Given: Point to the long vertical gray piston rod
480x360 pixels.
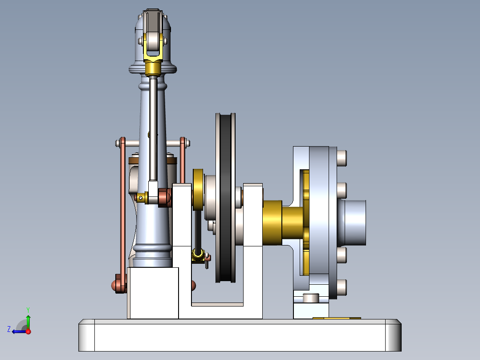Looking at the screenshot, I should pos(153,129).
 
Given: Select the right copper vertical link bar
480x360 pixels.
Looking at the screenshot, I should pos(183,160).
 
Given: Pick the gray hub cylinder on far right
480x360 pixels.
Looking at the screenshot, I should pos(354,222).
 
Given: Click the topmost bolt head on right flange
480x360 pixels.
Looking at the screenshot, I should pos(342,157).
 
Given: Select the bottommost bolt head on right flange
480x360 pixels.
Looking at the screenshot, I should pos(342,287).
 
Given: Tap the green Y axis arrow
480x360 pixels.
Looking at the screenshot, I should pos(28,320).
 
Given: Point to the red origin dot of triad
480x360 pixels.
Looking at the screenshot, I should pos(28,331).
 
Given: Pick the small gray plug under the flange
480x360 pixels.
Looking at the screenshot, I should pos(311,298).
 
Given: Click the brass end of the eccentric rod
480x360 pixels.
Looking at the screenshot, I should pos(198,255).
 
